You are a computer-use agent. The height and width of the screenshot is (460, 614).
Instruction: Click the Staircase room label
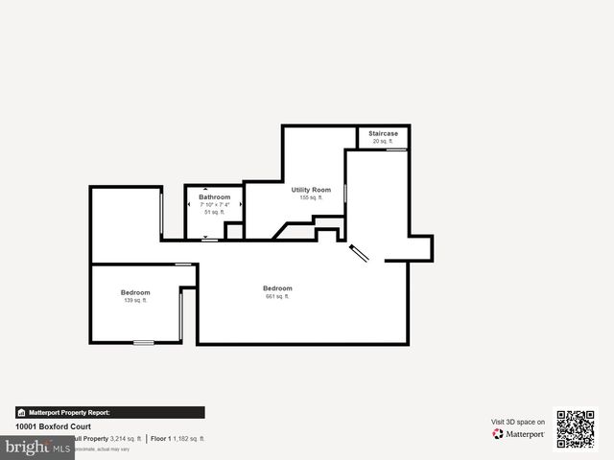384,133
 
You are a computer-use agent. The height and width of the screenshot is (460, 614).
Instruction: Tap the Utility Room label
311,190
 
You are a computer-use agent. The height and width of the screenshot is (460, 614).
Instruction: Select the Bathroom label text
214,196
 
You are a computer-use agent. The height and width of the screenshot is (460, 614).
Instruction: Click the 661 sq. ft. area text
277,296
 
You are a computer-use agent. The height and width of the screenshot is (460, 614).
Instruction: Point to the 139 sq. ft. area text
135,300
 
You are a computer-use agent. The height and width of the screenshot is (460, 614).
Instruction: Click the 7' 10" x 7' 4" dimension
214,204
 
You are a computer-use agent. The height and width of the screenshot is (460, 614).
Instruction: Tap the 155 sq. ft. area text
311,197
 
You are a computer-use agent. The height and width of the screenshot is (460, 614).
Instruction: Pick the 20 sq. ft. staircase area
384,141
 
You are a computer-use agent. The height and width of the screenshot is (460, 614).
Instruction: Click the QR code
576,430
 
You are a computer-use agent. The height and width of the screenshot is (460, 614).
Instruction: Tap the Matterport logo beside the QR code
519,434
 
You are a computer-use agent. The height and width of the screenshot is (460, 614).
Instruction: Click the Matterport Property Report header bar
109,412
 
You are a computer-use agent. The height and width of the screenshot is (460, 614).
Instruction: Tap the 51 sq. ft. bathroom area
214,212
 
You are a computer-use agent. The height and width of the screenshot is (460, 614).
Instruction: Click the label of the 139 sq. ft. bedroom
135,292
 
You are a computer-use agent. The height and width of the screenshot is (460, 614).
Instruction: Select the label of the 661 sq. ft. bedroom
277,287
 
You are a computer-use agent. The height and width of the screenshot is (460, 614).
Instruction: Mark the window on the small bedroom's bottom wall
143,342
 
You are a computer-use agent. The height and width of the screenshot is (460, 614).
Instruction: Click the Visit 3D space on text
518,422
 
